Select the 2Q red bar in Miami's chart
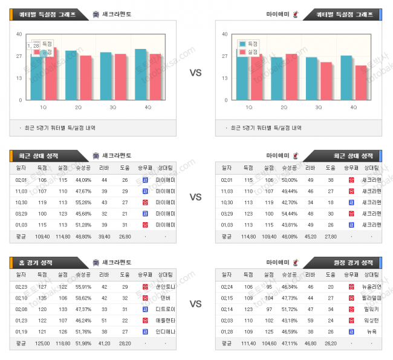[x=291, y=77]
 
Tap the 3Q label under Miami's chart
[x=319, y=108]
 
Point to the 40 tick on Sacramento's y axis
[x=19, y=34]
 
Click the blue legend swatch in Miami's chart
[x=242, y=44]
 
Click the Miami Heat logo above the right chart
[x=294, y=14]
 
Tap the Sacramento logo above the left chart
[x=97, y=14]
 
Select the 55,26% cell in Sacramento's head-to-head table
[x=83, y=202]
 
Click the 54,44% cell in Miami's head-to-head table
[x=289, y=213]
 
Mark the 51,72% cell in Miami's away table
[x=289, y=309]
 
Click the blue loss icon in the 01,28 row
[x=351, y=331]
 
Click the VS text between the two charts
[x=196, y=73]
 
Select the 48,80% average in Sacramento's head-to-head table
[x=83, y=236]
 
